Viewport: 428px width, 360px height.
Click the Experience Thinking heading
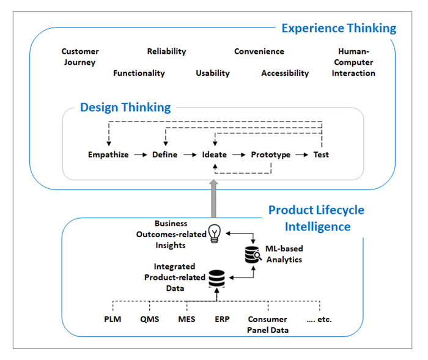click(x=338, y=28)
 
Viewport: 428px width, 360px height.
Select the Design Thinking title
click(x=125, y=108)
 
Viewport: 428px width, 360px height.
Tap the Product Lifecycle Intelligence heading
click(x=316, y=218)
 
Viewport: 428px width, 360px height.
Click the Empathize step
click(x=108, y=155)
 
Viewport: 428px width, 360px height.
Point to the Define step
click(x=164, y=155)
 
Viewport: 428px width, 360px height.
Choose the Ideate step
click(x=215, y=155)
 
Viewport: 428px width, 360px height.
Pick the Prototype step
click(x=271, y=155)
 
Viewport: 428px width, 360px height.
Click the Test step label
click(x=321, y=155)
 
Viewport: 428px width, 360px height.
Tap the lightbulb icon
click(x=214, y=233)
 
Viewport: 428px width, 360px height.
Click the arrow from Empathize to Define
click(x=140, y=155)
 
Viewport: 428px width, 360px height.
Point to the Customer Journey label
click(x=80, y=57)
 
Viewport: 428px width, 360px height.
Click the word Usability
click(x=213, y=73)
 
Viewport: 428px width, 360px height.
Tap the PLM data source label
click(x=113, y=319)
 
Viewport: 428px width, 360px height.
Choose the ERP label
click(x=223, y=319)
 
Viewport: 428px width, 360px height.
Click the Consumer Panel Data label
click(x=268, y=325)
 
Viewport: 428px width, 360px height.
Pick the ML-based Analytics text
click(x=284, y=255)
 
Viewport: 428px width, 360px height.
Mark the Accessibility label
click(x=285, y=73)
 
